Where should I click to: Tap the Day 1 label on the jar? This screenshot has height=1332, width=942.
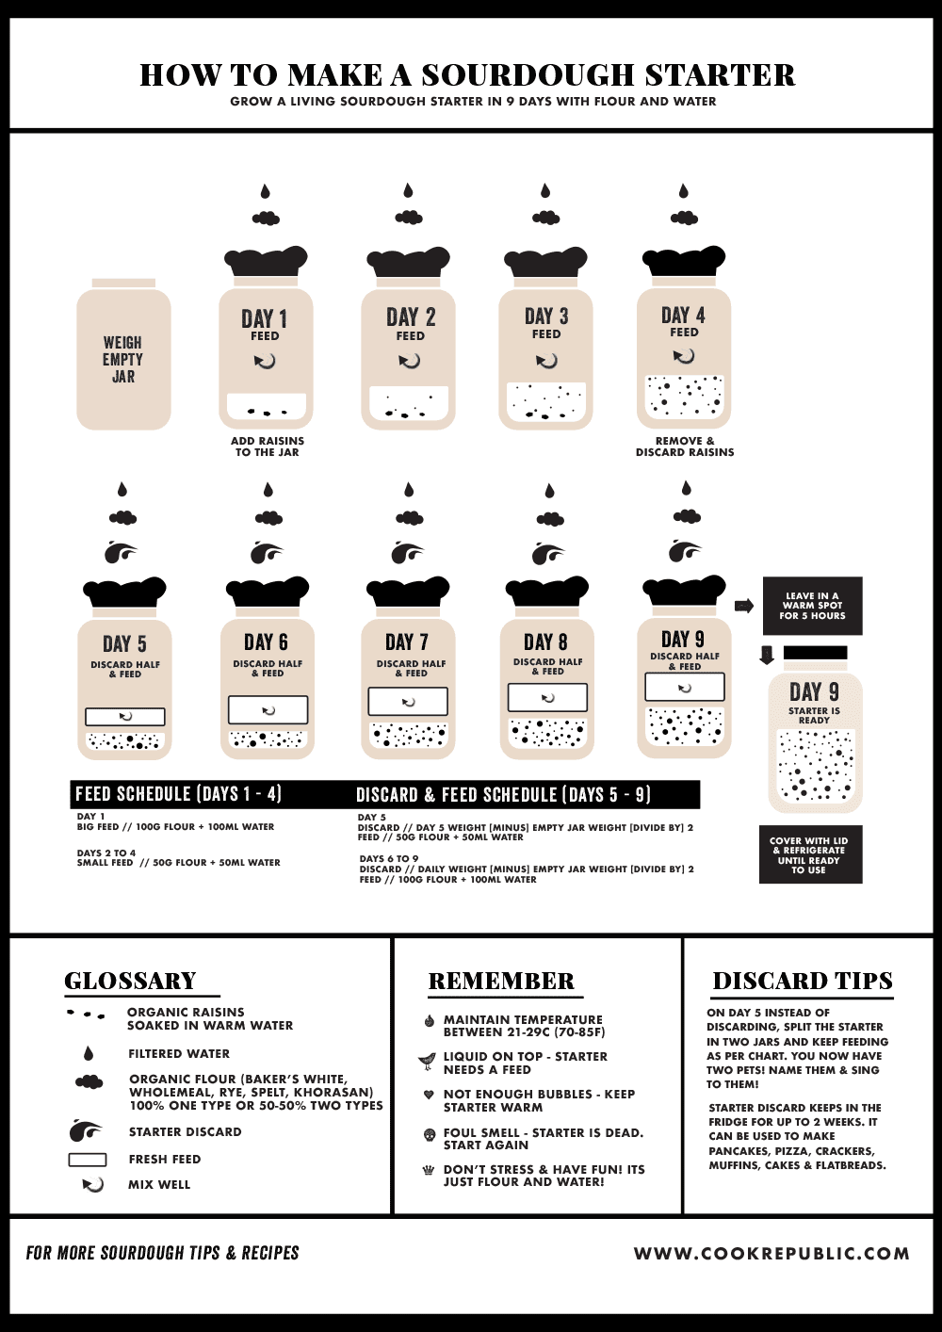265,318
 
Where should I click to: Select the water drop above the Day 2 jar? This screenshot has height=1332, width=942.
408,191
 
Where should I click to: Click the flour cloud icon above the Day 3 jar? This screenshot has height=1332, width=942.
545,218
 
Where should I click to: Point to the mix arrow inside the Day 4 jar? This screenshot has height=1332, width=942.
684,356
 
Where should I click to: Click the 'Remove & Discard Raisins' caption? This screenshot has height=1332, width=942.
685,447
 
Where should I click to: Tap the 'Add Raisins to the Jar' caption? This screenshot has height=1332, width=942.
268,447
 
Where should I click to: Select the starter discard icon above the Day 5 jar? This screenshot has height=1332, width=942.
121,552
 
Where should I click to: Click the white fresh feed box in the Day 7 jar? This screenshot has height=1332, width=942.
408,702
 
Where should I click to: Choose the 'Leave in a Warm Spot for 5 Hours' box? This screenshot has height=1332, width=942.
812,606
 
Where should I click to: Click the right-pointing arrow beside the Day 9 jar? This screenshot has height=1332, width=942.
744,606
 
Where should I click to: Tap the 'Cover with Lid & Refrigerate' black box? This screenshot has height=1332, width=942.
810,854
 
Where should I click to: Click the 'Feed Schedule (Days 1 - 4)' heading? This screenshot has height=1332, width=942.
179,794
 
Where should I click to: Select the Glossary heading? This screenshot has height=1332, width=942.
130,981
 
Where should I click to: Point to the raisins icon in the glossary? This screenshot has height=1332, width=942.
86,1015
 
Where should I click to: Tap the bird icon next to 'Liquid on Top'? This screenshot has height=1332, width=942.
429,1062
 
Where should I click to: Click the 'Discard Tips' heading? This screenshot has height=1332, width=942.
803,981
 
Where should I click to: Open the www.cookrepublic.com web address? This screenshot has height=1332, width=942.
771,1254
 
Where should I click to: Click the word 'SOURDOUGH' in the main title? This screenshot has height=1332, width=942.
528,75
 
